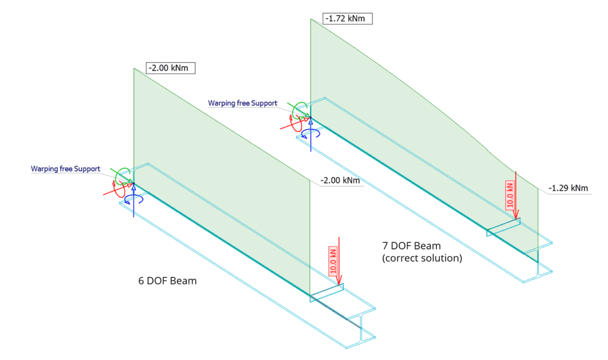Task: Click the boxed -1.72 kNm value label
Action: tap(348, 18)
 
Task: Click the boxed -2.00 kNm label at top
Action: tap(170, 68)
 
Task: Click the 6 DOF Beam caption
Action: tap(167, 280)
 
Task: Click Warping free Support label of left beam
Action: tap(65, 169)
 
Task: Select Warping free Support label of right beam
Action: tap(242, 103)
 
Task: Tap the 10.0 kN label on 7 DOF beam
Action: tap(510, 194)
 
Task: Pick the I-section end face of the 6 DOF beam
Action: tap(360, 329)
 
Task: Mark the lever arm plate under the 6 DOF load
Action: tap(327, 293)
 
